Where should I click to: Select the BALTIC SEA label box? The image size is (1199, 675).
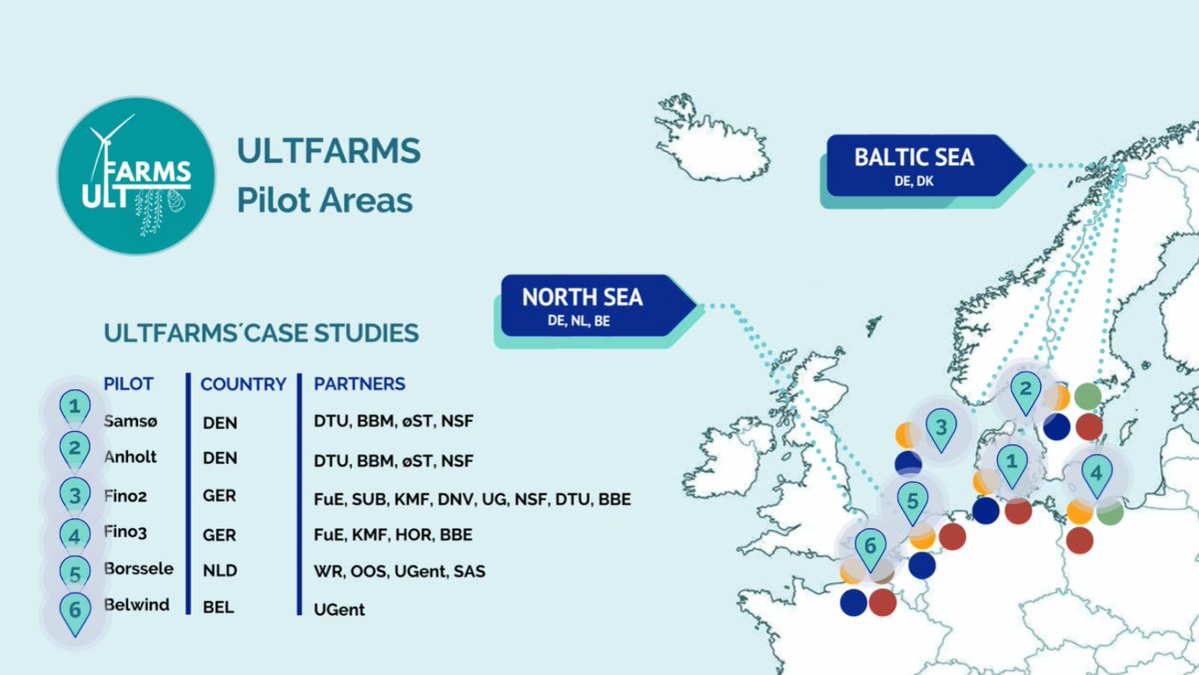[x=913, y=166]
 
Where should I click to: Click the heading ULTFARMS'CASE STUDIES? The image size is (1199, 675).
[x=261, y=332]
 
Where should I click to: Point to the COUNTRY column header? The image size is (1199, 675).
[x=243, y=384]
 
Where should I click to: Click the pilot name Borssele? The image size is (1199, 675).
[x=138, y=569]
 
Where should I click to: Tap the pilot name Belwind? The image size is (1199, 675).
[x=136, y=604]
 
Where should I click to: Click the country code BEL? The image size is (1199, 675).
[x=218, y=607]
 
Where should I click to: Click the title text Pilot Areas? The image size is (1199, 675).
[x=324, y=199]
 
